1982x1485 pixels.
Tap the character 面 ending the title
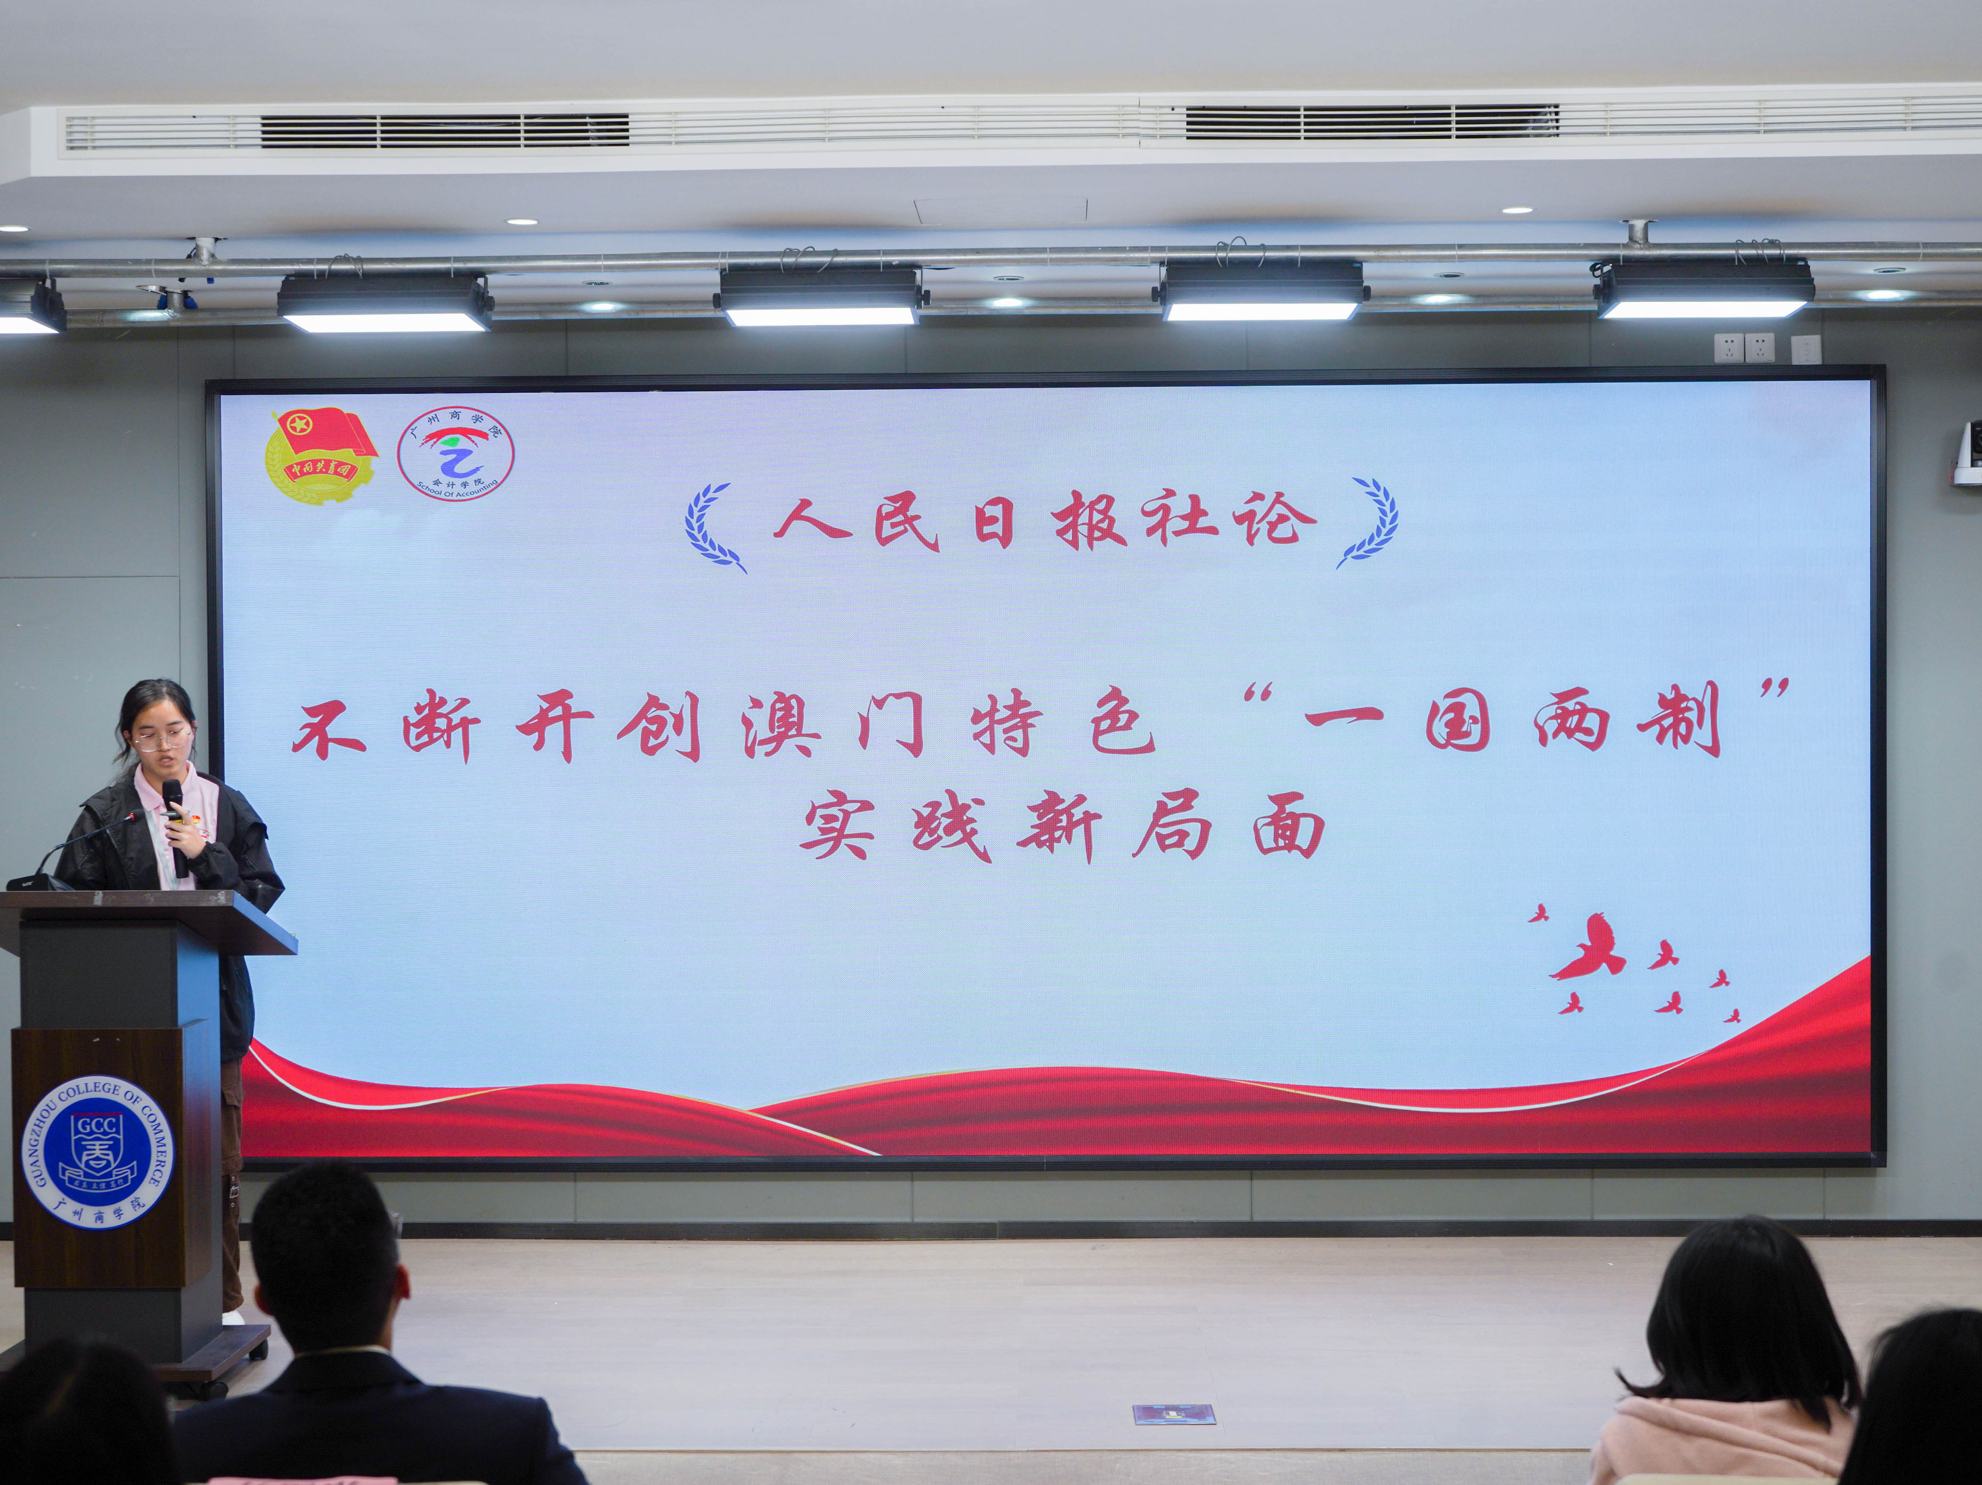1288,828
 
